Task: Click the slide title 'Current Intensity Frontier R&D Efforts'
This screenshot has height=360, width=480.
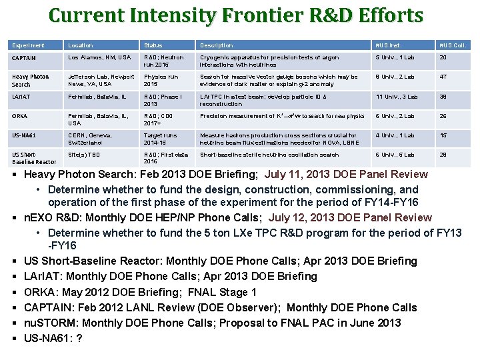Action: (236, 16)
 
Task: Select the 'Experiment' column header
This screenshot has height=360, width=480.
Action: (28, 45)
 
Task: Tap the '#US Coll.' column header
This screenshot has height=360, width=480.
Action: (452, 45)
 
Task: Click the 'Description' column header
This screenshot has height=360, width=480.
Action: (217, 45)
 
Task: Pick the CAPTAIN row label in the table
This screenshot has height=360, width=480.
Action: (25, 58)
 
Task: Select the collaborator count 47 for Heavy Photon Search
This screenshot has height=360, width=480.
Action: (442, 77)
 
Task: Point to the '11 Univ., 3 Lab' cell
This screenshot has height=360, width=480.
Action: (398, 97)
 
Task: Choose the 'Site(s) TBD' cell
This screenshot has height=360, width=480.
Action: (84, 155)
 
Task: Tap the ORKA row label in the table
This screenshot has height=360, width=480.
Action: (20, 116)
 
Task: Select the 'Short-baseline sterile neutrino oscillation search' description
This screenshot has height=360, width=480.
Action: (269, 155)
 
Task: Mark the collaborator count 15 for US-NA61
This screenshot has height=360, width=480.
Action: (442, 135)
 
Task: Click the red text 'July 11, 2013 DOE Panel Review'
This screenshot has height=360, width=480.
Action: (346, 175)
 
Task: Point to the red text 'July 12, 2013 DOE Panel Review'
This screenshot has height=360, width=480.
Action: (350, 217)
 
